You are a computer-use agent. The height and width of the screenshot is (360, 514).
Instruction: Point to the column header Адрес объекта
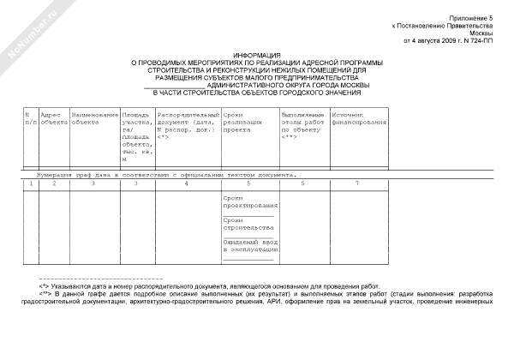coord(53,117)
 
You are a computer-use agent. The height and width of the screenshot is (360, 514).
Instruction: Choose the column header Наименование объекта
coord(94,117)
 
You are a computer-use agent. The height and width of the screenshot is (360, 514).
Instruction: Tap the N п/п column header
coord(30,117)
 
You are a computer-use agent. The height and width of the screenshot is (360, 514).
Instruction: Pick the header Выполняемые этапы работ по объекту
coord(302,124)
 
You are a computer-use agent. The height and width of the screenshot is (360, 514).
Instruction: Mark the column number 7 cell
coord(357,183)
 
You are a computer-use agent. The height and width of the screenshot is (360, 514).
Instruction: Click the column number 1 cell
coord(30,183)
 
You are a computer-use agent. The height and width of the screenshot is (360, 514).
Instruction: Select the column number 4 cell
coord(186,183)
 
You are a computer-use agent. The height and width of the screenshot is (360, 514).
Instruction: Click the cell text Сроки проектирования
coord(249,202)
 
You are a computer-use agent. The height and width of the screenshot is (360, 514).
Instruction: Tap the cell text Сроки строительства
coord(248,225)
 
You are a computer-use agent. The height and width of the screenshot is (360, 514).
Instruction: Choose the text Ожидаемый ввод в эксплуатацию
coord(248,247)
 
